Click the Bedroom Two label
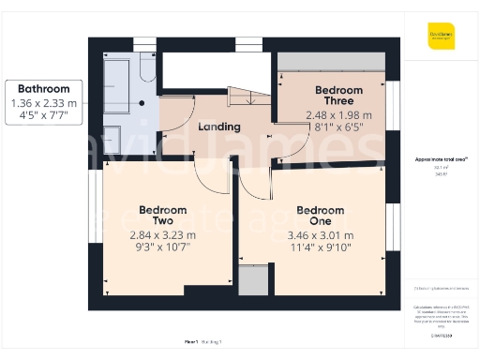(163, 216)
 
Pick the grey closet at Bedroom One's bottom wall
(252, 279)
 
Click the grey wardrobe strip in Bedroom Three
(329, 59)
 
